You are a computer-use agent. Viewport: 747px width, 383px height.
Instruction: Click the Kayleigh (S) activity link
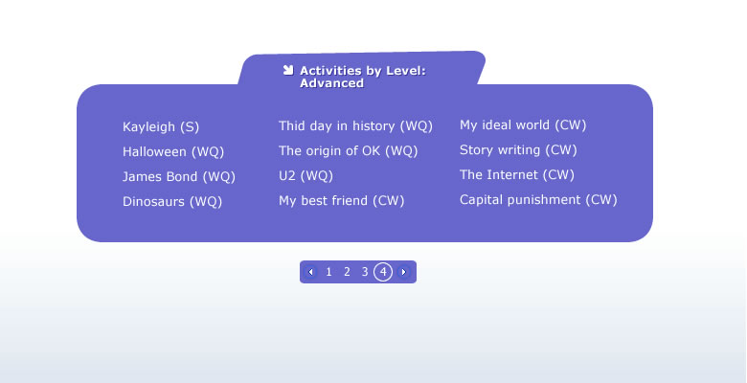tap(161, 127)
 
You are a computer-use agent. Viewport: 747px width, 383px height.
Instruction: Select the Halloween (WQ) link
tap(173, 152)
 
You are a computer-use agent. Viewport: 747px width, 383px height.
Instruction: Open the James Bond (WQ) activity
tap(179, 177)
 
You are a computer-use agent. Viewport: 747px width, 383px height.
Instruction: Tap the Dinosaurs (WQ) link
tap(172, 201)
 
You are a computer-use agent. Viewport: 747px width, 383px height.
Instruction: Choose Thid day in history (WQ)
tap(355, 126)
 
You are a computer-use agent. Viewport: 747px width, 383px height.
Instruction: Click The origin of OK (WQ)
tap(349, 151)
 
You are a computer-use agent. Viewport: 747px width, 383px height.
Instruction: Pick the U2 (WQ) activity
tap(306, 176)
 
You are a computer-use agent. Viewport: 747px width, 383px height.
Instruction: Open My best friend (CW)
tap(342, 200)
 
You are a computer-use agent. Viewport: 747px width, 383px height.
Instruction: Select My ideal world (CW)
tap(523, 125)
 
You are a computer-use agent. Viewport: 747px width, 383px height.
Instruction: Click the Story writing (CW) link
tap(518, 150)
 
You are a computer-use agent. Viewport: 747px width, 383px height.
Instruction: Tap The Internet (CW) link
tap(517, 175)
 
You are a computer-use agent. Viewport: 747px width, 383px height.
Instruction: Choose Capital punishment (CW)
tap(538, 199)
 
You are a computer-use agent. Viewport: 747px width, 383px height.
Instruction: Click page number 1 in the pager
tap(328, 272)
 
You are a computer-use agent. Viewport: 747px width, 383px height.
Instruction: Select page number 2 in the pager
tap(347, 272)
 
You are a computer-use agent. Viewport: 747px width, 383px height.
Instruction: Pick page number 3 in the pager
tap(365, 272)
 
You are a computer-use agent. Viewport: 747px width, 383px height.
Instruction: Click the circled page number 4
tap(383, 272)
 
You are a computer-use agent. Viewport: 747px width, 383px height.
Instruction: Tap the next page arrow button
tap(403, 272)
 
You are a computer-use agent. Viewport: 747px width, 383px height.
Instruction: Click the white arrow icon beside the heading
tap(287, 70)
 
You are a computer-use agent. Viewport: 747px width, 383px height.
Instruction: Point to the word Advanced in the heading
tap(331, 83)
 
